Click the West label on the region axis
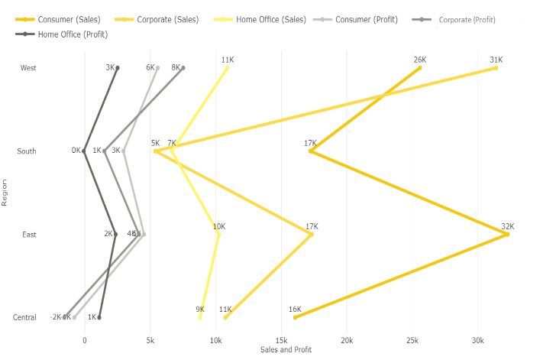28,68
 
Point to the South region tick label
27,151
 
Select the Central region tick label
24,317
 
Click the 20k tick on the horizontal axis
347,340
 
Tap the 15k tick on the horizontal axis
282,340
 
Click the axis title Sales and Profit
286,350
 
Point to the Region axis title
5,193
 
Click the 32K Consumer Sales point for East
507,235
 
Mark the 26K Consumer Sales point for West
420,68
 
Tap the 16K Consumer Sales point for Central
295,317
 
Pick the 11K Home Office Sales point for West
228,68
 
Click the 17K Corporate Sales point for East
312,235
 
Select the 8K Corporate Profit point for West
183,68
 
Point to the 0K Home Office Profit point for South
85,151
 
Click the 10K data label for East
219,226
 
